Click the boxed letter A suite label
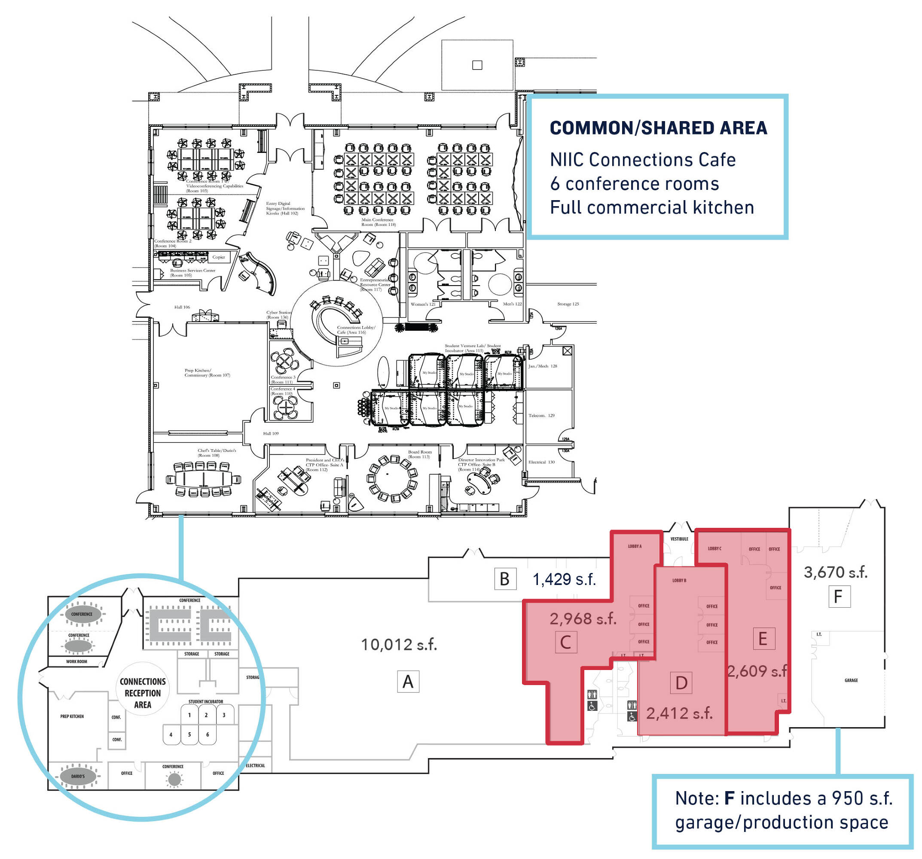pyautogui.click(x=408, y=682)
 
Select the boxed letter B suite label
pyautogui.click(x=504, y=579)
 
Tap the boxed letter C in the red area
pyautogui.click(x=565, y=642)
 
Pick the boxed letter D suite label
pyautogui.click(x=681, y=683)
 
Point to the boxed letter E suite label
pyautogui.click(x=763, y=639)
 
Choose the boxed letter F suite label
pyautogui.click(x=839, y=597)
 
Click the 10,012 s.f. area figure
pyautogui.click(x=399, y=644)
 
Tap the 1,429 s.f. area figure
pyautogui.click(x=564, y=579)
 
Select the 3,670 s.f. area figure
pyautogui.click(x=835, y=572)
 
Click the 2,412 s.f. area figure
pyautogui.click(x=679, y=713)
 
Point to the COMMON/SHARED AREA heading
pyautogui.click(x=658, y=128)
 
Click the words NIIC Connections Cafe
pyautogui.click(x=642, y=160)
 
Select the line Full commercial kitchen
pyautogui.click(x=652, y=207)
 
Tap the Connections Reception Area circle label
pyautogui.click(x=142, y=693)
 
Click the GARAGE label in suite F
pyautogui.click(x=851, y=680)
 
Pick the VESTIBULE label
pyautogui.click(x=679, y=539)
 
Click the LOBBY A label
pyautogui.click(x=635, y=546)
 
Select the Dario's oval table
pyautogui.click(x=78, y=776)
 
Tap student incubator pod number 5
pyautogui.click(x=189, y=734)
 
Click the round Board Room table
pyautogui.click(x=392, y=478)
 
